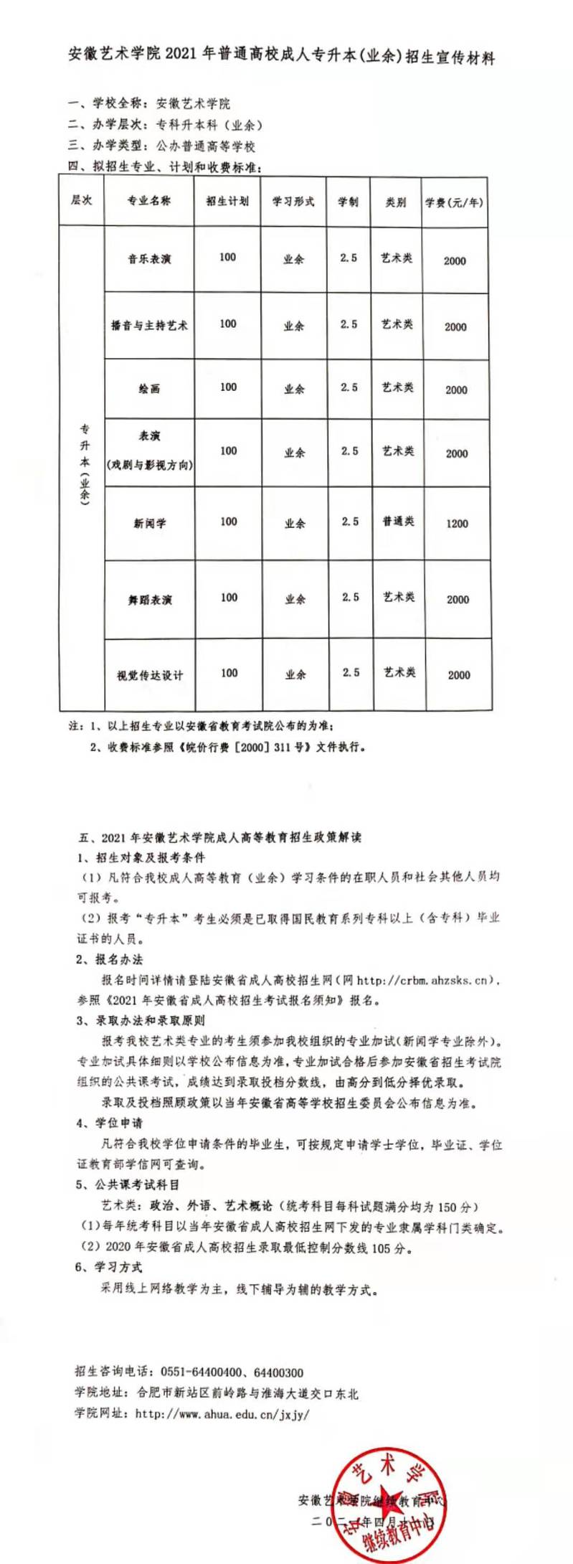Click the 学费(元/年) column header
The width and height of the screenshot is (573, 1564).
pos(454,202)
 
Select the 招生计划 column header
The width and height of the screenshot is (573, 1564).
pos(227,201)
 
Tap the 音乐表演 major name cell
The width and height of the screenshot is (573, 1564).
pos(149,259)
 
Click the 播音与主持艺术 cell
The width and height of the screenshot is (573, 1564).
pos(149,325)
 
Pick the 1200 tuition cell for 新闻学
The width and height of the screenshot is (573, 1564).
pos(457,523)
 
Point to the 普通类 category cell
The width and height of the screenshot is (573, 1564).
pos(398,521)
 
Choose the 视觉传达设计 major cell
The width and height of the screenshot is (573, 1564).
pos(150,675)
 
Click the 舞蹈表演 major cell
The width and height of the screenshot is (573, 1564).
pos(150,599)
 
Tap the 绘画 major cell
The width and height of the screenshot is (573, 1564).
pos(149,388)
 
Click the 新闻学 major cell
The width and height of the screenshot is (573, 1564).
pos(149,523)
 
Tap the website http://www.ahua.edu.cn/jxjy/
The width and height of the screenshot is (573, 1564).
pos(222,1414)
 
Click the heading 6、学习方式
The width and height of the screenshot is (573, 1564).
pos(109,1267)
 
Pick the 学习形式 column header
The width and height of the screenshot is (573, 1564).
pos(293,202)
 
